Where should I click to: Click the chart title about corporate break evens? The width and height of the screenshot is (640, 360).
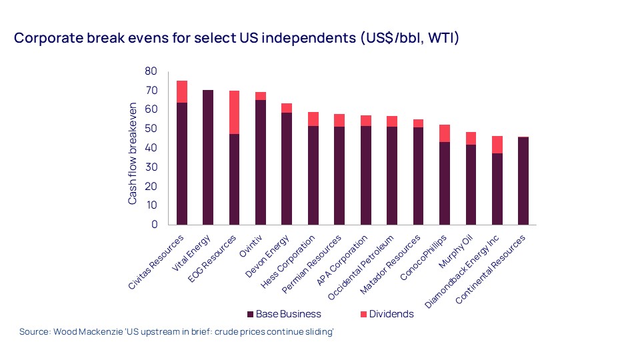[237, 38]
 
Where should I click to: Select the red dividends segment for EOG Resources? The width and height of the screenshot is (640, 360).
[234, 112]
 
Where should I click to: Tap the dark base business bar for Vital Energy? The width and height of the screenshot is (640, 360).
[208, 157]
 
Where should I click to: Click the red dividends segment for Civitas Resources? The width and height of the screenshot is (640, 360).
[181, 91]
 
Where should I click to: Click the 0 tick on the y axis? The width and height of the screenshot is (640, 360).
[154, 225]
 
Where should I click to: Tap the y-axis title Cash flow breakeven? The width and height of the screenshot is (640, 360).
[133, 153]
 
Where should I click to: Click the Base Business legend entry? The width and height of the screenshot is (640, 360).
[284, 314]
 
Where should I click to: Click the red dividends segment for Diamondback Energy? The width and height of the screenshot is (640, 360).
[497, 145]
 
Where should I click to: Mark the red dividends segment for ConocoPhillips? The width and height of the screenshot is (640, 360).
[444, 133]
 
